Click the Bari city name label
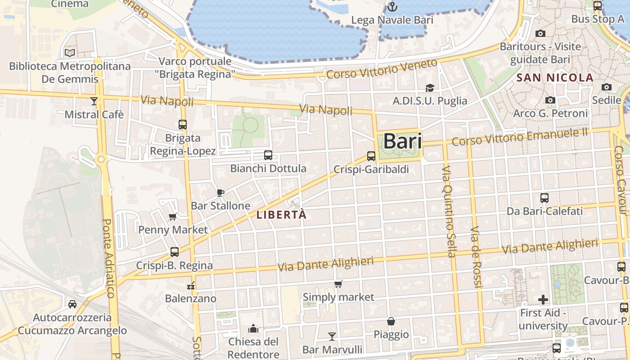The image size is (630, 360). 402,141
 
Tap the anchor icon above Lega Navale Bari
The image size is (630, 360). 392,7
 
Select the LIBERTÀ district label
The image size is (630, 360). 282,215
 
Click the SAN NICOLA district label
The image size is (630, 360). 555,77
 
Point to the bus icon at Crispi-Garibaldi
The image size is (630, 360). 371,156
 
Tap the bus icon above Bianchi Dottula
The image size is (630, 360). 268,155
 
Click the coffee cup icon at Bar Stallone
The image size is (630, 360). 220,193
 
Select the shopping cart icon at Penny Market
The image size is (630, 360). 173,217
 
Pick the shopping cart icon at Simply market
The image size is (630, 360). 338,284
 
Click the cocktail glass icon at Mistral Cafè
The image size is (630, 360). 94,101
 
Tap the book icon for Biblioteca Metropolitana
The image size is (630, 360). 70,53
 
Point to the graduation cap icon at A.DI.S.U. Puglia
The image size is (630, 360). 430,88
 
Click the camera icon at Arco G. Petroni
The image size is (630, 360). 550,100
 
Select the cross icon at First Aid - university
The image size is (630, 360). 543,299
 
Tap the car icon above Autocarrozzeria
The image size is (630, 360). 72,304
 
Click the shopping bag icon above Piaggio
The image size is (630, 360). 391,321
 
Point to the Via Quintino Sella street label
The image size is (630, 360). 450,211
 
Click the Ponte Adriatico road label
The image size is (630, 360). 108,258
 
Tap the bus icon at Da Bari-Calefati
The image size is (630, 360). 544,198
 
